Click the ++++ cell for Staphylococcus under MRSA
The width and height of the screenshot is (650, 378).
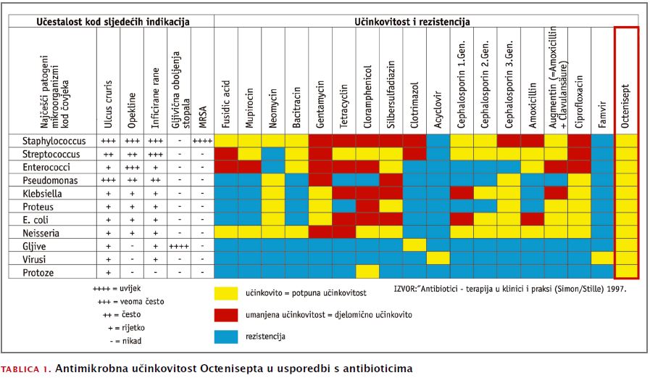203,141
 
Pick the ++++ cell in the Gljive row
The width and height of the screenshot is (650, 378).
179,245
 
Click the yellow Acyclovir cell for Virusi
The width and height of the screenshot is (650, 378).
438,258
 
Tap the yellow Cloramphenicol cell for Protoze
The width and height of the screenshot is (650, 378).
367,271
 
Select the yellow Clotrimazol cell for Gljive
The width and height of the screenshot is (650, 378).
414,245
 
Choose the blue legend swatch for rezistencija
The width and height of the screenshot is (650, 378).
227,337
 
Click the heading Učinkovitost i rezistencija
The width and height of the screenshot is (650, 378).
413,22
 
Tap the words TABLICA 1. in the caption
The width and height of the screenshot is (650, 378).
27,369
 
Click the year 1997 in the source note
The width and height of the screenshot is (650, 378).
614,289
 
